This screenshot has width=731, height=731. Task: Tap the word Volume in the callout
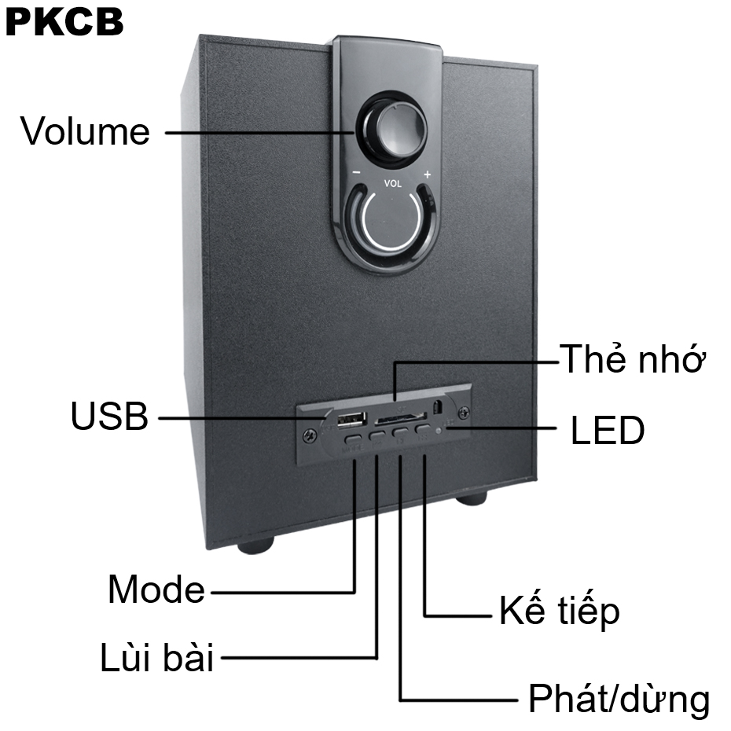coord(85,131)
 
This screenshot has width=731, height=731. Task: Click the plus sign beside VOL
coord(427,174)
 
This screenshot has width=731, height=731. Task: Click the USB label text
coord(109,417)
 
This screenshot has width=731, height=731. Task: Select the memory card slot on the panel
coord(399,418)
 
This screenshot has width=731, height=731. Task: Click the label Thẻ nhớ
coord(632,361)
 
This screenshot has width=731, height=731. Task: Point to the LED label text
coord(606,431)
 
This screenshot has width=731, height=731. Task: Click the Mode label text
coord(156,590)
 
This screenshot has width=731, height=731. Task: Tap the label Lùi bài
coord(156,658)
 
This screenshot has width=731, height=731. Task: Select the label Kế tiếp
coord(559,612)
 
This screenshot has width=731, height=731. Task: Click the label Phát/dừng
coord(619,698)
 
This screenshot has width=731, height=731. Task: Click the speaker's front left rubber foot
coord(255,544)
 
